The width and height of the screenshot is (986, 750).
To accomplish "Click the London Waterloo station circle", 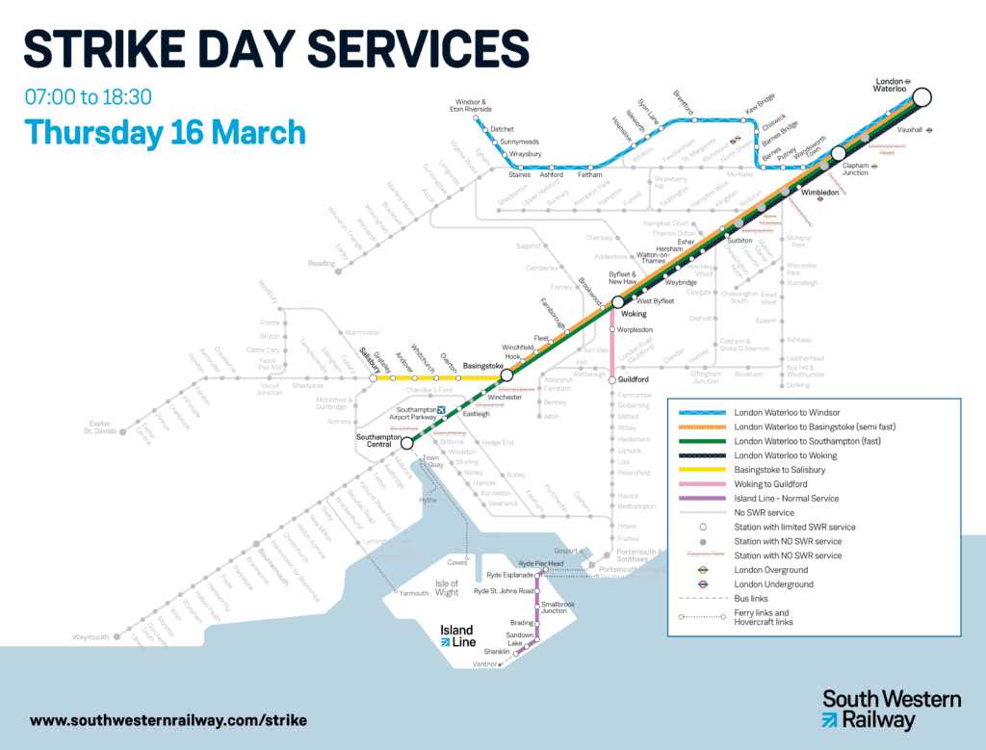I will [922, 96].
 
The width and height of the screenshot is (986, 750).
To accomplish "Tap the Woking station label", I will [634, 314].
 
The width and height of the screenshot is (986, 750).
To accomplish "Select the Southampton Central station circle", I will [406, 443].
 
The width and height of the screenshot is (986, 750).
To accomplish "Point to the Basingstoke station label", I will [485, 367].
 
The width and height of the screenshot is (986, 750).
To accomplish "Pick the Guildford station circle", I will [611, 380].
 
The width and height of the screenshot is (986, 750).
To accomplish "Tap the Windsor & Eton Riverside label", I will [472, 106].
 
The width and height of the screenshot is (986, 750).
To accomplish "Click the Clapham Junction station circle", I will [839, 153].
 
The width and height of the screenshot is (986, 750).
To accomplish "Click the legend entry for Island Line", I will [786, 498].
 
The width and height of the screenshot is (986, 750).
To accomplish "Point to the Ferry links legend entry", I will [761, 616].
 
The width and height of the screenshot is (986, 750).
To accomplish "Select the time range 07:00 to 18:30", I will [89, 97].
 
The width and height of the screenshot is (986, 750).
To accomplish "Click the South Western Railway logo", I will [891, 709].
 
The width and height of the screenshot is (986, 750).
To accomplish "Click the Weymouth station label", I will [92, 637].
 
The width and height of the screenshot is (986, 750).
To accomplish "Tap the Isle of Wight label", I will [447, 588].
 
